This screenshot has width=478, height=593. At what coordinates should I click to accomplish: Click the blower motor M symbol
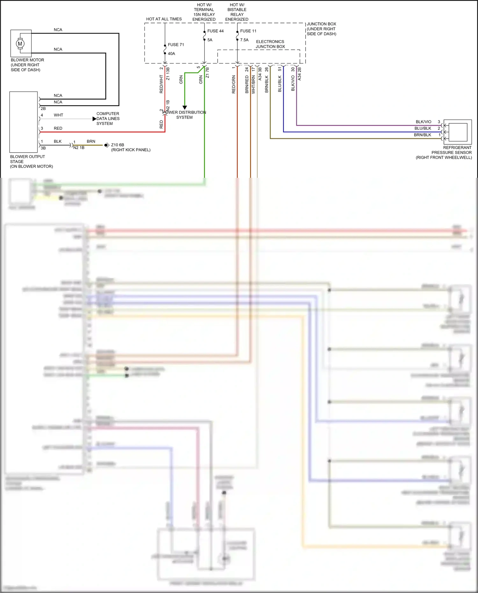(20, 44)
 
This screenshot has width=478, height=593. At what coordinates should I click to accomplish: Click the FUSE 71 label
(176, 45)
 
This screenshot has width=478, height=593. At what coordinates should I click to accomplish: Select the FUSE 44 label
(215, 31)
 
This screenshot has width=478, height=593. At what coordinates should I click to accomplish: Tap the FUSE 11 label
(248, 31)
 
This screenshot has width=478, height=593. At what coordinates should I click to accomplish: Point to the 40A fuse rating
(171, 54)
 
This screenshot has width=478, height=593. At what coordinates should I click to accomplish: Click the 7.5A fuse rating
(244, 40)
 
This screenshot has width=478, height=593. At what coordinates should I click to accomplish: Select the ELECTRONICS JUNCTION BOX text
(270, 44)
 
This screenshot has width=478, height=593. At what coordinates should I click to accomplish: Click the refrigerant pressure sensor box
(458, 132)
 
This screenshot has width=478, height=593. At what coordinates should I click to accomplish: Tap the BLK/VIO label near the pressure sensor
(423, 122)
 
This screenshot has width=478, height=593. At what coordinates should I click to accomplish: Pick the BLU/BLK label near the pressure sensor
(423, 128)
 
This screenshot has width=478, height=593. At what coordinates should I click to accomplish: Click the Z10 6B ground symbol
(106, 145)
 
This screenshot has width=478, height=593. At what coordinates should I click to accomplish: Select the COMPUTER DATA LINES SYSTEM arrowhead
(94, 119)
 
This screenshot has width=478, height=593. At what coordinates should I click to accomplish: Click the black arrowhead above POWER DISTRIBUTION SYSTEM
(185, 108)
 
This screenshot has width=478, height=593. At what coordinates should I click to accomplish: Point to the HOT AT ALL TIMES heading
(164, 19)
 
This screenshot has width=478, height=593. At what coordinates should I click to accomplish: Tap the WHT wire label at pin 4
(58, 115)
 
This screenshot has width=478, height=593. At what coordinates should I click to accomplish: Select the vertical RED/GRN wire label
(234, 84)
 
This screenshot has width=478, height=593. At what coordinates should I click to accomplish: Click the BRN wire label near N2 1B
(91, 141)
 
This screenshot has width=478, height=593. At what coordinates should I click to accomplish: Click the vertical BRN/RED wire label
(247, 84)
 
